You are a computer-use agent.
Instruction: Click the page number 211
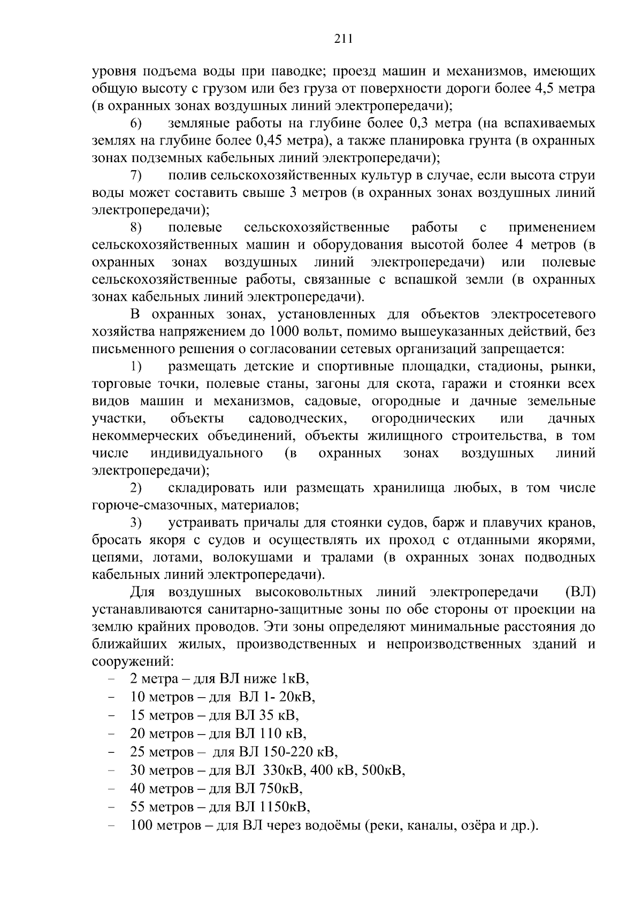point(343,38)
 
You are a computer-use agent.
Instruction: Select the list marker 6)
point(136,124)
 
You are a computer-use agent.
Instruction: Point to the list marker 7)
point(136,176)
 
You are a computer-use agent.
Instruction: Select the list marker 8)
point(136,228)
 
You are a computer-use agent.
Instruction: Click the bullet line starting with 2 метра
point(219,680)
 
